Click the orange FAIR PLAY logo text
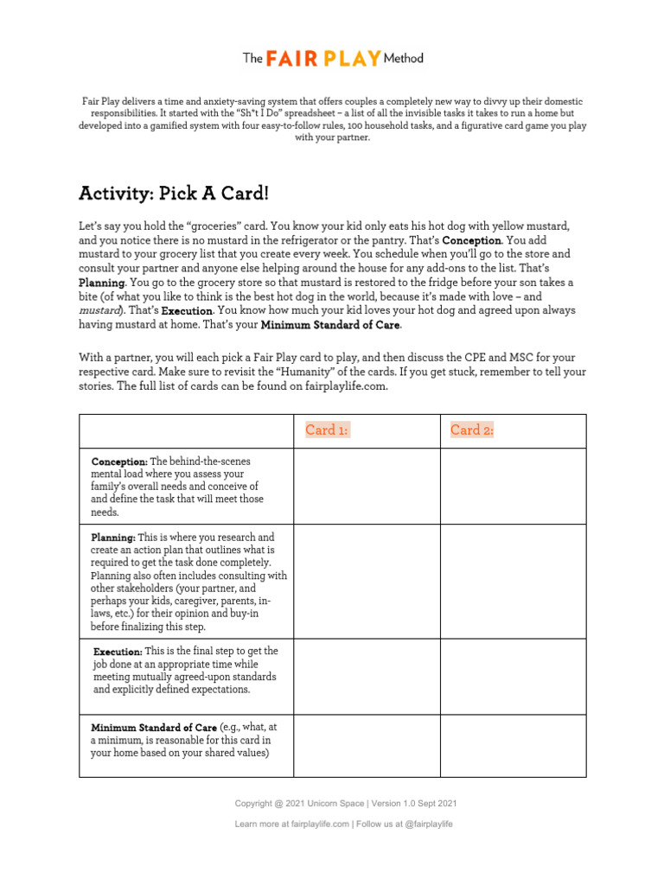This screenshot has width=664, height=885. click(x=312, y=59)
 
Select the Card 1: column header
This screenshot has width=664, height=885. click(x=327, y=430)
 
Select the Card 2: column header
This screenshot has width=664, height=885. click(x=472, y=430)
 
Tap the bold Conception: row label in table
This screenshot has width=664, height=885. click(x=119, y=462)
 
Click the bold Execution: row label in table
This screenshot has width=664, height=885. click(x=118, y=651)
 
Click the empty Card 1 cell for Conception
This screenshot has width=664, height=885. click(x=367, y=486)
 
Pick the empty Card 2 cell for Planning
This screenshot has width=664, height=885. click(x=514, y=581)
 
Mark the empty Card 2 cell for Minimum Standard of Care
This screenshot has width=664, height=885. click(x=514, y=745)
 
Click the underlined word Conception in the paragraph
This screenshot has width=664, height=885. click(x=471, y=240)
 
